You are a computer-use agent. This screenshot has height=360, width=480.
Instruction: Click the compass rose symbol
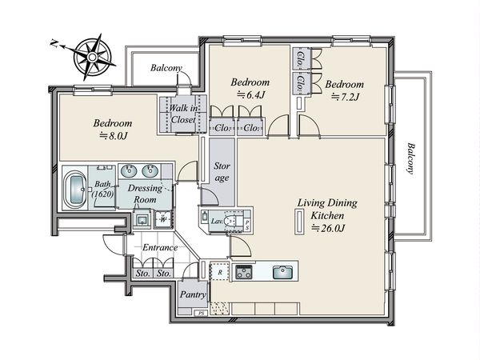(x=92, y=57)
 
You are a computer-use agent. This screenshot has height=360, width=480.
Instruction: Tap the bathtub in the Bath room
(x=76, y=190)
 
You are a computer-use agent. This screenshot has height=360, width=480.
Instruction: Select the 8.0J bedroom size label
(x=114, y=136)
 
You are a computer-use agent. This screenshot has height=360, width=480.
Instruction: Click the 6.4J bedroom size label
(x=250, y=95)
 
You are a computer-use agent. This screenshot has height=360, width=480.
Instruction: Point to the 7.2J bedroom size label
(x=345, y=97)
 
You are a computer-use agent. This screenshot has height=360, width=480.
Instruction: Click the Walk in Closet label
(x=183, y=114)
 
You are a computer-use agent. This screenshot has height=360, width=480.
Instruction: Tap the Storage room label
(x=222, y=172)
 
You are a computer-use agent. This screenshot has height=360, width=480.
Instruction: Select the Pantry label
(x=193, y=294)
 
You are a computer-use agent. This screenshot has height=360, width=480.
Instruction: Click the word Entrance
(x=160, y=247)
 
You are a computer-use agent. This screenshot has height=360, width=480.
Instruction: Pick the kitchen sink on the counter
(x=282, y=273)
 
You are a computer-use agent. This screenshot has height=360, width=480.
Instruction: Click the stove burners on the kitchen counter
(x=244, y=272)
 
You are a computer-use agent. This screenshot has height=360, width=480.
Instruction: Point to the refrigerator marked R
(x=219, y=272)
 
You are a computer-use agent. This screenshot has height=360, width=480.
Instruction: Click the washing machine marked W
(x=163, y=219)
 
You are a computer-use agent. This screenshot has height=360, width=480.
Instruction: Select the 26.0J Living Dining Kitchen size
(x=328, y=228)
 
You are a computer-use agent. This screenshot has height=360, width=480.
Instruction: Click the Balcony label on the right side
(x=410, y=158)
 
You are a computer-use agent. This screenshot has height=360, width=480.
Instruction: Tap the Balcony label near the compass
(x=166, y=68)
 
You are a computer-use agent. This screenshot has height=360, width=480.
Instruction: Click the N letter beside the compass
(x=54, y=43)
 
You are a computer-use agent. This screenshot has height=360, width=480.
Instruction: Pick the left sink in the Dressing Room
(x=129, y=171)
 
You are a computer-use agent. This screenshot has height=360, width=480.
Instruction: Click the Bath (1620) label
(x=103, y=189)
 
